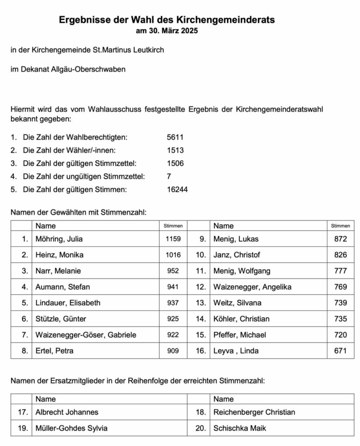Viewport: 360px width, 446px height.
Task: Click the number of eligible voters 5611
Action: pyautogui.click(x=175, y=137)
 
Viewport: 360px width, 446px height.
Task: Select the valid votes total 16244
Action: pyautogui.click(x=177, y=189)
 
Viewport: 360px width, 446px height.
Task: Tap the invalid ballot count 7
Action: pyautogui.click(x=169, y=176)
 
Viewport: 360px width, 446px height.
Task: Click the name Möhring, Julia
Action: pyautogui.click(x=59, y=239)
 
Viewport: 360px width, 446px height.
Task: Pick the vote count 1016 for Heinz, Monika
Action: pyautogui.click(x=173, y=255)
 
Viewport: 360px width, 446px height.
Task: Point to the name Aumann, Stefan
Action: pyautogui.click(x=63, y=287)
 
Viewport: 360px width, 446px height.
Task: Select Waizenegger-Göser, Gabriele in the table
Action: pyautogui.click(x=86, y=334)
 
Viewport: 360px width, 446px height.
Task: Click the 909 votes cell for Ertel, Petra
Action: pyautogui.click(x=173, y=351)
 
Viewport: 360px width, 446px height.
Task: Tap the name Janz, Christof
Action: pyautogui.click(x=237, y=255)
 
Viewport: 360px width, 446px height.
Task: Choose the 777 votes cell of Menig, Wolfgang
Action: pyautogui.click(x=340, y=271)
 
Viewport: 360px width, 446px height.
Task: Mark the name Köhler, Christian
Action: pyautogui.click(x=241, y=319)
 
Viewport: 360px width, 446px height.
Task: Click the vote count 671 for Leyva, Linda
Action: pyautogui.click(x=340, y=351)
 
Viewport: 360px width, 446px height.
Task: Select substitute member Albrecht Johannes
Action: pyautogui.click(x=67, y=412)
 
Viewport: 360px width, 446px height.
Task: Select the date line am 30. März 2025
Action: pyautogui.click(x=167, y=31)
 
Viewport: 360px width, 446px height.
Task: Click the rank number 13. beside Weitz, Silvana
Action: pyautogui.click(x=200, y=303)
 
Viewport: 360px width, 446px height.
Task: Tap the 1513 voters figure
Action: pyautogui.click(x=175, y=150)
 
